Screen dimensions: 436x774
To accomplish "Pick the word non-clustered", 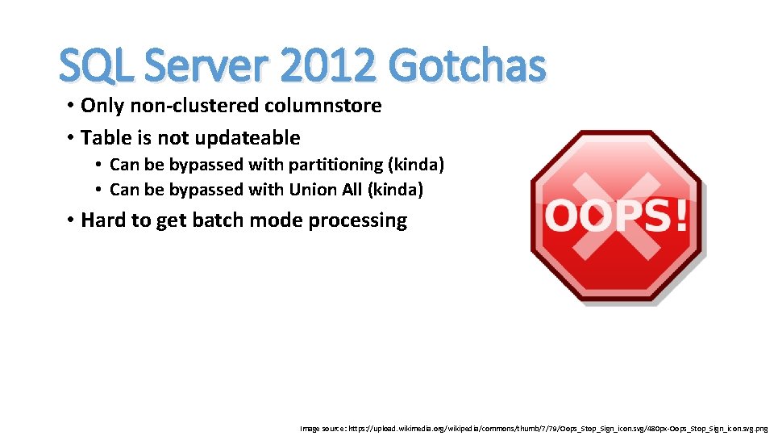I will (x=194, y=106).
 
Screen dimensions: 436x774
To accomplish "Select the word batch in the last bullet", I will (x=217, y=220).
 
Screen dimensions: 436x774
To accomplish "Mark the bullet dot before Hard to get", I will (x=72, y=220).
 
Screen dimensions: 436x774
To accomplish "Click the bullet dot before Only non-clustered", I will (x=72, y=106).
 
